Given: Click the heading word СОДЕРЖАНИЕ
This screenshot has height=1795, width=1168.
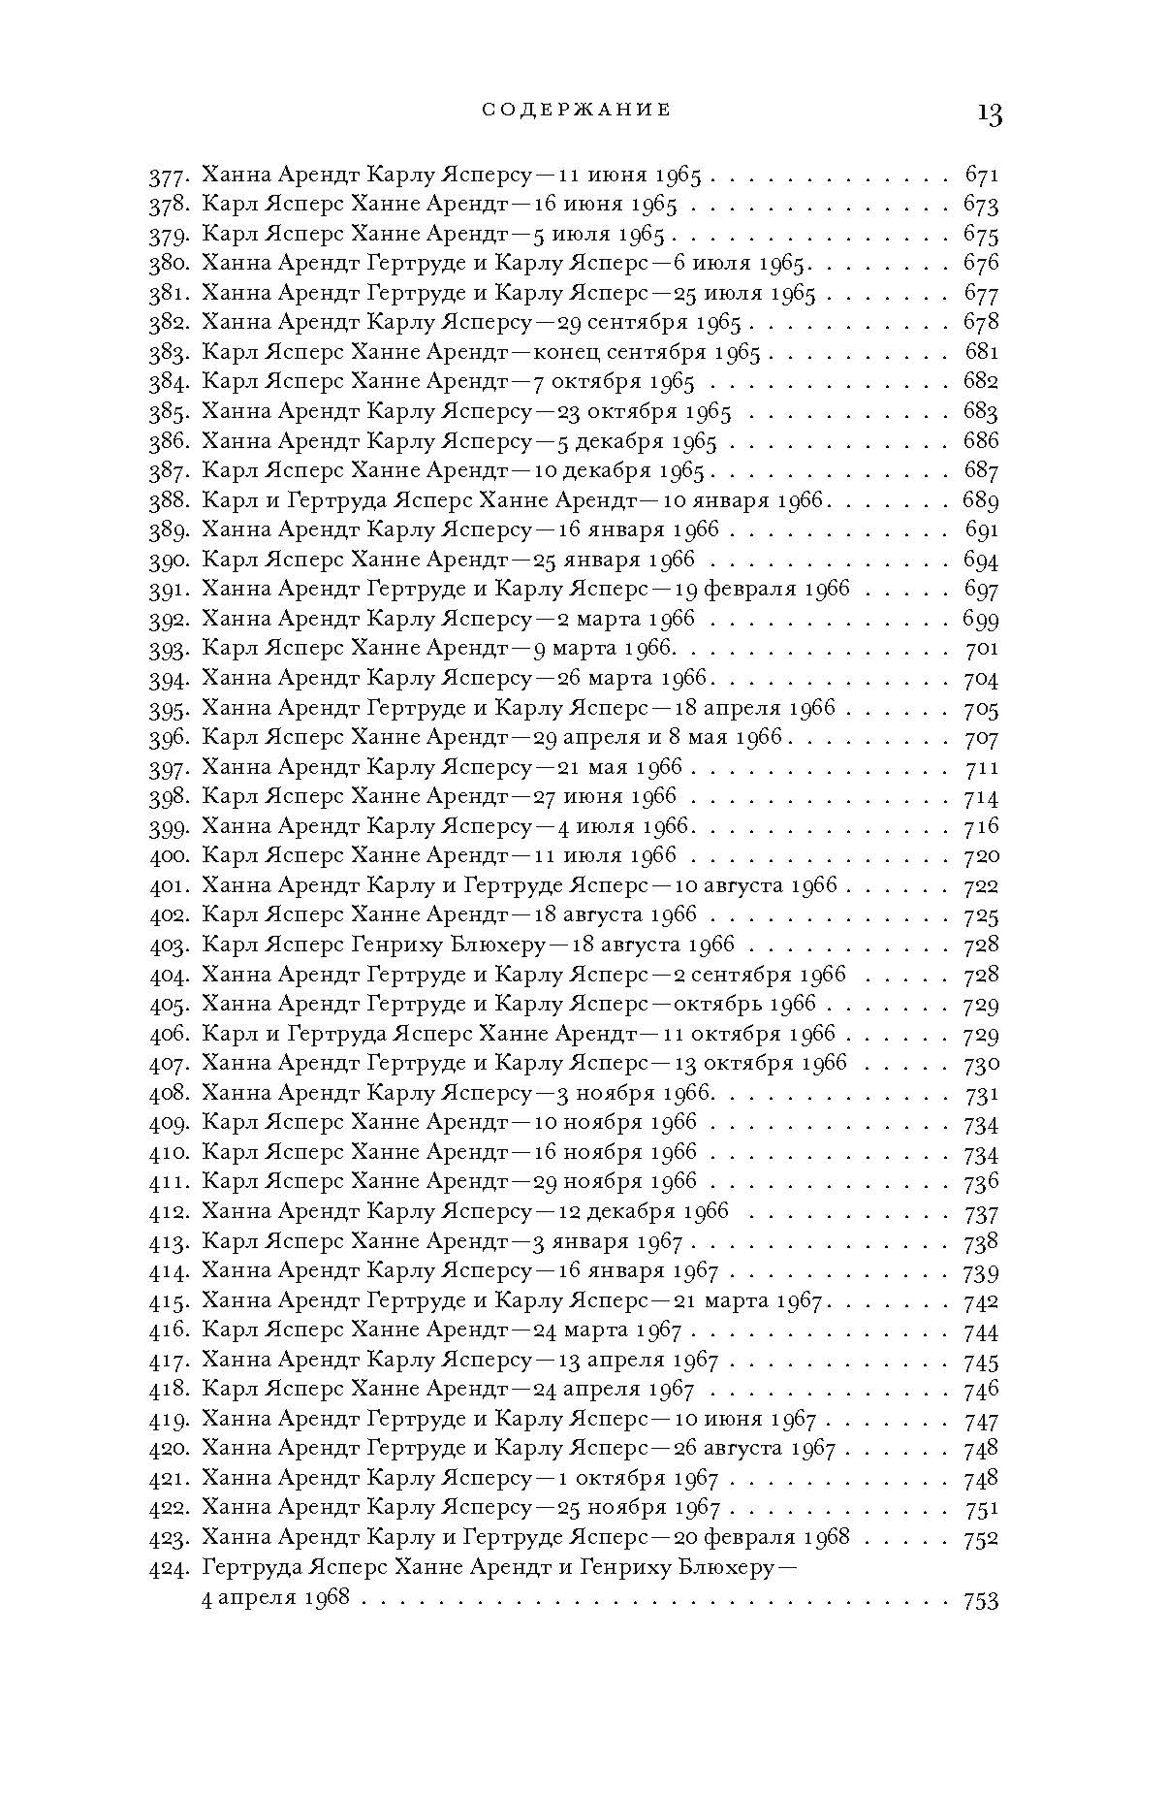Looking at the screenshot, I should click(x=577, y=110).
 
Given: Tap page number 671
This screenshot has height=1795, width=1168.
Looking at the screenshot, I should click(x=981, y=176).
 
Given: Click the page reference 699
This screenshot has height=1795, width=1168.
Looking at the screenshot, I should click(x=980, y=620).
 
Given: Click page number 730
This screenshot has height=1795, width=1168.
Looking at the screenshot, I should click(x=981, y=1064).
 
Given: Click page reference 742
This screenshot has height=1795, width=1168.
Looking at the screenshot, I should click(x=981, y=1301).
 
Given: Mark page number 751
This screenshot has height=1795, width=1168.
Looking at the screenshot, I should click(x=981, y=1509).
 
